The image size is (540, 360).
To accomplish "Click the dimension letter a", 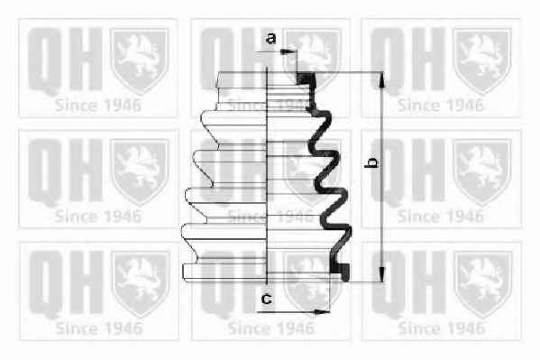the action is click(x=271, y=38).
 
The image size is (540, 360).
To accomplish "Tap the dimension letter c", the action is click(x=266, y=299).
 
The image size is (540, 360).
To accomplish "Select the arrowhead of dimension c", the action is click(x=322, y=312).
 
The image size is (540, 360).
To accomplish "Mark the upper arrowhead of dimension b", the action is click(x=381, y=80).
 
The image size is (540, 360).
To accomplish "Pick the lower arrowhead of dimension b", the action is click(x=381, y=273).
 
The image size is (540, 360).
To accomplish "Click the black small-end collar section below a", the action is click(x=306, y=78).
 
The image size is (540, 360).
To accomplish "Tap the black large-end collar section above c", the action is click(x=340, y=272).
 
